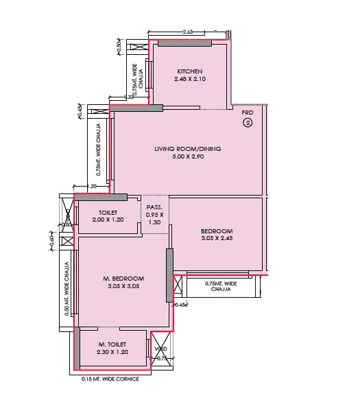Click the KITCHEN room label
(189, 71)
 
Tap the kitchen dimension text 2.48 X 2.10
(189, 79)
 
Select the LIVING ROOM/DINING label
(187, 149)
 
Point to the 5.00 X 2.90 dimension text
(187, 156)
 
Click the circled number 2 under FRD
(248, 123)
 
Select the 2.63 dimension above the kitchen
(188, 32)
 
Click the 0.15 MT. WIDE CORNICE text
(110, 379)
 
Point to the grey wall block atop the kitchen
(184, 43)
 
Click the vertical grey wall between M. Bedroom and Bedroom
(169, 275)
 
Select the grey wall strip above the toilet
(106, 198)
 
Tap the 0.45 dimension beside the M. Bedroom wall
(180, 305)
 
